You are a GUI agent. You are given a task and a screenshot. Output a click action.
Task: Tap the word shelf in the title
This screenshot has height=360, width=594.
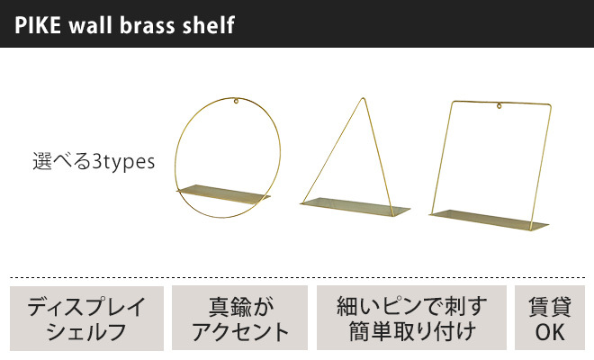pyautogui.click(x=211, y=24)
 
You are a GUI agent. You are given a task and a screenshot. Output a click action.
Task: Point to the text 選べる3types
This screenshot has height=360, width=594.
pyautogui.click(x=94, y=163)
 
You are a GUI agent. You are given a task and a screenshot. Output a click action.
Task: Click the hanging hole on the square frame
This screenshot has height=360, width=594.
pyautogui.click(x=498, y=109)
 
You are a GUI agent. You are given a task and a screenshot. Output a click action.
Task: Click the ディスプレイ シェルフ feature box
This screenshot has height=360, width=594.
pyautogui.click(x=87, y=318)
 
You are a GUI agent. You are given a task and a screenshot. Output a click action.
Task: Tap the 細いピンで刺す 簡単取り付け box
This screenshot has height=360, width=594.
pyautogui.click(x=411, y=318)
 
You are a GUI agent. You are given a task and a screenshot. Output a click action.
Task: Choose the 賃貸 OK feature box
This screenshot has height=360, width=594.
pyautogui.click(x=549, y=318)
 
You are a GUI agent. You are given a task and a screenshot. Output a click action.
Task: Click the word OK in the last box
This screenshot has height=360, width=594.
pyautogui.click(x=549, y=331)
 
